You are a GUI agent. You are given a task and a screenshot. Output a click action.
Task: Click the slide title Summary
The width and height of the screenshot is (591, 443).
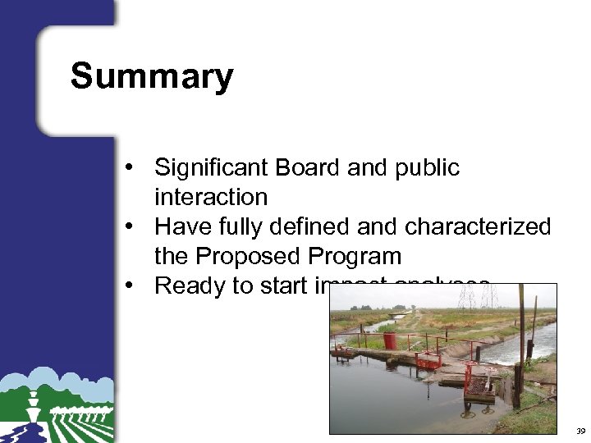pos(152,76)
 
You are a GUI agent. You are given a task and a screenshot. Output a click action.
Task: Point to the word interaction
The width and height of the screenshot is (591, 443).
pos(211,198)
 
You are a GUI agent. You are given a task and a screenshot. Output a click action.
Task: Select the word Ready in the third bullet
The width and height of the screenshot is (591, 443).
pos(188,285)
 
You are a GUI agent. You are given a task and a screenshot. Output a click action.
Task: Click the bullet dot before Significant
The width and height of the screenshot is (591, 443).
pos(131,169)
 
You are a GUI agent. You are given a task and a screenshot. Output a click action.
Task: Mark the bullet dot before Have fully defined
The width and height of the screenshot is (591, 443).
pos(131,227)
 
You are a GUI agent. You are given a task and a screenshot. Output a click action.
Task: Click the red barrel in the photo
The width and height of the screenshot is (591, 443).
pos(389,340)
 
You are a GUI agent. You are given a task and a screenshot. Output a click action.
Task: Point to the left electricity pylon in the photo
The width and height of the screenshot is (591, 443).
pos(467,296)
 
